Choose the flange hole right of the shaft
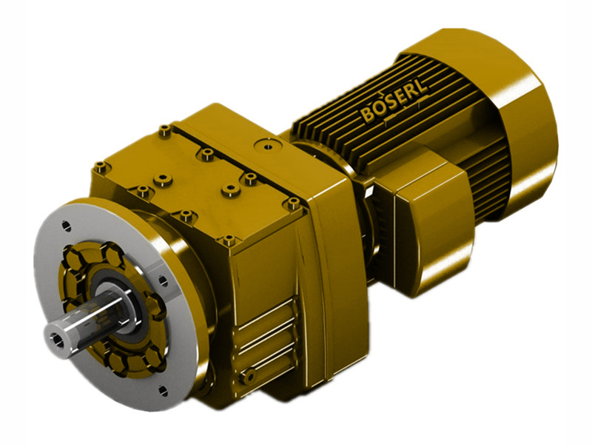click(162, 279)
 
